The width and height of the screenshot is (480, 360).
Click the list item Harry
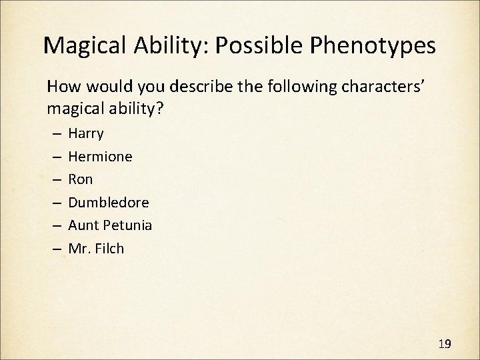pos(86,133)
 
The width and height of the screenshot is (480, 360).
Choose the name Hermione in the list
pos(100,157)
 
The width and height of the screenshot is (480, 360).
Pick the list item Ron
pos(81,179)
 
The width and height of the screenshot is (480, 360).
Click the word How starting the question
pos(61,87)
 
